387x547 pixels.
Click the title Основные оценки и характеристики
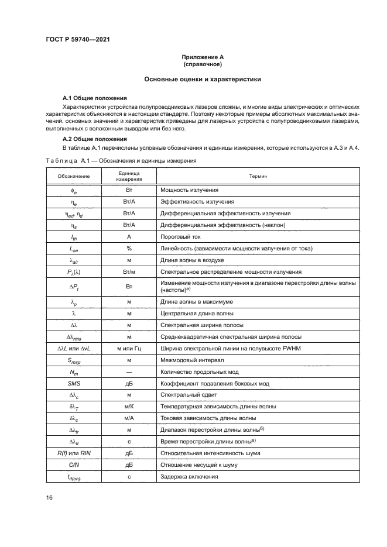(x=202, y=78)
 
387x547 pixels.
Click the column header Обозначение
(x=74, y=176)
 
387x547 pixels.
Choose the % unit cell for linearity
(x=128, y=248)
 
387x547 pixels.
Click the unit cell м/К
(x=128, y=406)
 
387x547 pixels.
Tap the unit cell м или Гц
(x=128, y=349)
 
